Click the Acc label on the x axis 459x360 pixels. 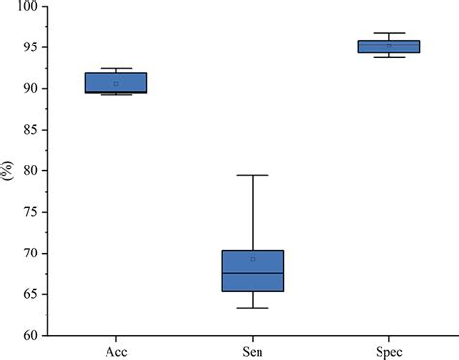point(116,351)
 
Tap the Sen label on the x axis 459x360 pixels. point(253,351)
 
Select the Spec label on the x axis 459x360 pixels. point(388,351)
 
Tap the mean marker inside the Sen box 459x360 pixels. point(253,259)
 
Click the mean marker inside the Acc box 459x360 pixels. point(116,84)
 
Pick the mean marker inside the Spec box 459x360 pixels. point(388,45)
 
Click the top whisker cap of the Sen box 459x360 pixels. point(253,175)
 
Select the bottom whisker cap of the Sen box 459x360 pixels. point(253,308)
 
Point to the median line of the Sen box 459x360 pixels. point(253,273)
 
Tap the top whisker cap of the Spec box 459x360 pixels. point(388,33)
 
